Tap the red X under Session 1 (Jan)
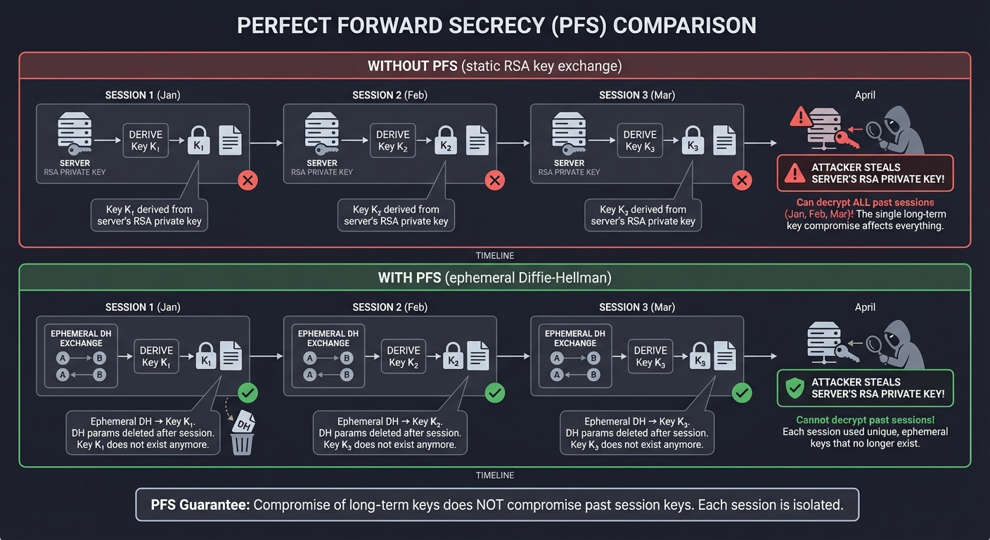(247, 181)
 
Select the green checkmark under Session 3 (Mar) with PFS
(742, 392)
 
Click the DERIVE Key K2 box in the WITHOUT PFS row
(393, 141)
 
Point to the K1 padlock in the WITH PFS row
(206, 356)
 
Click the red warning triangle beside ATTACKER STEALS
(795, 173)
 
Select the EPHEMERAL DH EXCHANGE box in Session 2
(328, 356)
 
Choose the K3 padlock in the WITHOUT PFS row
(693, 141)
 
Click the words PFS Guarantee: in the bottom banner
(200, 505)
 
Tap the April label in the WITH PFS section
(865, 307)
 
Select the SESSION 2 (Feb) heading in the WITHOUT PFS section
(390, 95)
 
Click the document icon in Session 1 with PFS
(231, 356)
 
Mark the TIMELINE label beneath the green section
(494, 475)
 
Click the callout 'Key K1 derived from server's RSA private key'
(150, 214)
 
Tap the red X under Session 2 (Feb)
(495, 181)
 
